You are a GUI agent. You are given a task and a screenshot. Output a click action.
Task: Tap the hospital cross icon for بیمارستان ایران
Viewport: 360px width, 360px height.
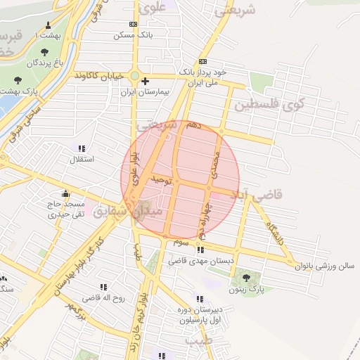pos(145,81)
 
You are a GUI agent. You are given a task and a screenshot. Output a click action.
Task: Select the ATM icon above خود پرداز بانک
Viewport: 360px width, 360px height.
pos(203,60)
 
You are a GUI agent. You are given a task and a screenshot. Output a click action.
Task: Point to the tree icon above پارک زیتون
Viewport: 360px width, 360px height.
pos(245,278)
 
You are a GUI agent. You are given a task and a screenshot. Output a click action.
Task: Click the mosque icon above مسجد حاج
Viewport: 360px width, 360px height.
pos(66,193)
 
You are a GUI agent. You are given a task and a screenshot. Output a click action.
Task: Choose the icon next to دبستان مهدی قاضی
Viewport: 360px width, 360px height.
pos(201,249)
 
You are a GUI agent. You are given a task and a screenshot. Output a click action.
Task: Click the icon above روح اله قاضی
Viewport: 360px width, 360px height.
pos(104,287)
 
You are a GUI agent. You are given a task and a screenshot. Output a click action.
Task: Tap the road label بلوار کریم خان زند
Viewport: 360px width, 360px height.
pos(138,319)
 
